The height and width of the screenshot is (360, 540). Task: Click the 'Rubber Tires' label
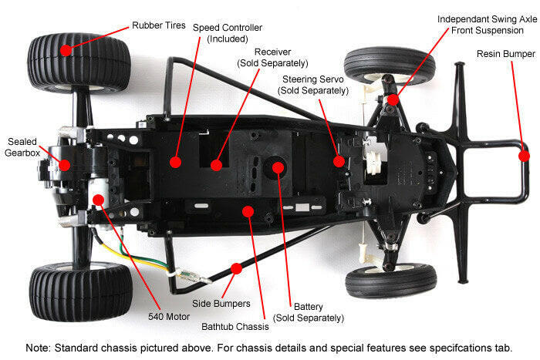click(159, 25)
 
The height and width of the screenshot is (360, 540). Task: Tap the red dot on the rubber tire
click(66, 50)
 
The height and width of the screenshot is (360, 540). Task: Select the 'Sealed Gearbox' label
click(22, 147)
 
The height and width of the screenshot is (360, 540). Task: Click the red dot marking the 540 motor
click(99, 200)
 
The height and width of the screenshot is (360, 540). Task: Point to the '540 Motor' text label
click(169, 317)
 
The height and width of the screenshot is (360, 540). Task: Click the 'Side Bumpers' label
click(221, 304)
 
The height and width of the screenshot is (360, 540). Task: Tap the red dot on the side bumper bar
click(236, 268)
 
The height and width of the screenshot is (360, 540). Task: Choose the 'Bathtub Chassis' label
click(235, 327)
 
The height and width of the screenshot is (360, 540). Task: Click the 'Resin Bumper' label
click(506, 54)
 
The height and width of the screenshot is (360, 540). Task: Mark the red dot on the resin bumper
click(524, 156)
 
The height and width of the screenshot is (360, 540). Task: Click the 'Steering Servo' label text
click(313, 79)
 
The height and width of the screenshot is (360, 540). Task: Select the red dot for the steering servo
click(339, 161)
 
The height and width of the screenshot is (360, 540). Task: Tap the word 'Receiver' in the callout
click(273, 52)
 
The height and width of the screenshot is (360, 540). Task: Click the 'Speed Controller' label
click(228, 28)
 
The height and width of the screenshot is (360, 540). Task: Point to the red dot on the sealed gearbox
click(64, 165)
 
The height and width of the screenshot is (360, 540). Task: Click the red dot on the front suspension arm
click(393, 99)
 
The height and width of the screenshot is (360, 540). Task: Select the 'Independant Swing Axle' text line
click(487, 19)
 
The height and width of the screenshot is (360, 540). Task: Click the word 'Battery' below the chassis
click(309, 307)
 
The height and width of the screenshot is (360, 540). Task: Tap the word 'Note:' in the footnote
click(39, 348)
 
